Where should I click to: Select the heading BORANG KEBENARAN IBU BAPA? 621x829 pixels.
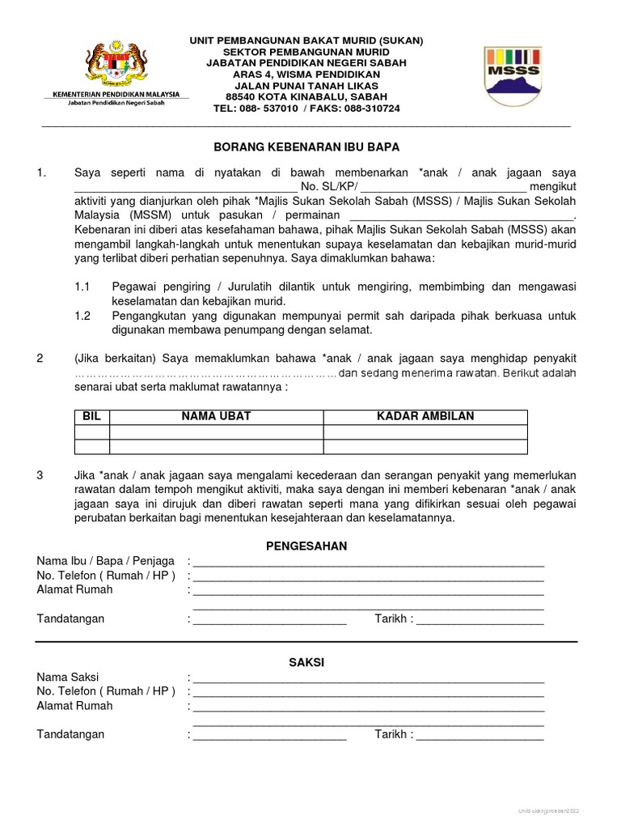[306, 147]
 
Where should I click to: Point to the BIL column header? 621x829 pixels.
[91, 416]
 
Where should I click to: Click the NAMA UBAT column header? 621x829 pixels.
[216, 416]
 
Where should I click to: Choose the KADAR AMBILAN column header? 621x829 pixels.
[425, 416]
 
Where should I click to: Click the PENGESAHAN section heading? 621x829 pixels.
[306, 546]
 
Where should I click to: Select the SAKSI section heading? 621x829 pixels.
[306, 662]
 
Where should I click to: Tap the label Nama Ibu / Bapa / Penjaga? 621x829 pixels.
[106, 561]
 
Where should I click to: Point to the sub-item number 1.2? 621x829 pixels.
[82, 317]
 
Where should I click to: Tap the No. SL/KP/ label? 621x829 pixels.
[323, 186]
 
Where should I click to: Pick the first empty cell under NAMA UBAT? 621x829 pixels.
[216, 432]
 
